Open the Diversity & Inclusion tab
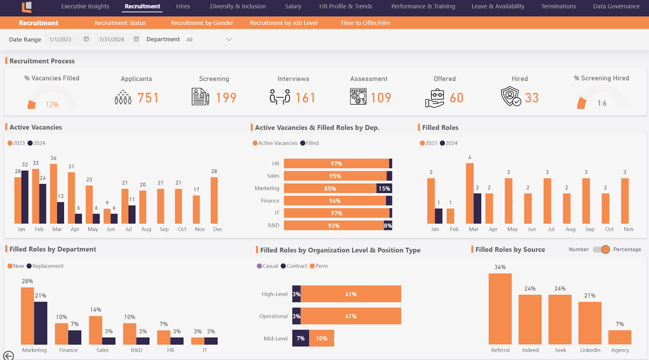238,6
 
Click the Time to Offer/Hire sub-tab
365,23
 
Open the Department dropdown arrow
229,39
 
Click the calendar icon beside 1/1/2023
86,39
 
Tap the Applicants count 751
148,98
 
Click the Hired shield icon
511,96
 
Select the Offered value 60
456,98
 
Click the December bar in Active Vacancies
214,200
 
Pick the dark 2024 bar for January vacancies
25,197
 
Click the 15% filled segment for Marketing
384,189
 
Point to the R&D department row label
273,225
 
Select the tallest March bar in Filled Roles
470,193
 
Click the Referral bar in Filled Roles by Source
500,309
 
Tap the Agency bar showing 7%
620,337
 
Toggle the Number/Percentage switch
601,250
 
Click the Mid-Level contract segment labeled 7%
301,339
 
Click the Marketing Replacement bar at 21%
41,323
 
